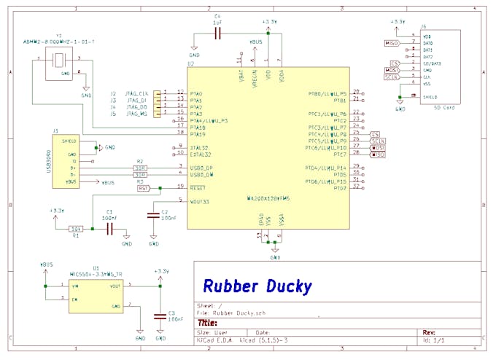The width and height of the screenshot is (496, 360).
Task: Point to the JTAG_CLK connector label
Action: click(137, 93)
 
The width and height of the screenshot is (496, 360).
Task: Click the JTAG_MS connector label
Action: click(136, 114)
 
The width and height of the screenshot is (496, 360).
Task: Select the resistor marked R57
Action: click(143, 188)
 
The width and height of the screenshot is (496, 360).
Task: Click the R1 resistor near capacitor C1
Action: click(75, 229)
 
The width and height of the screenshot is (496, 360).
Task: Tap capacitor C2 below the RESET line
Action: click(153, 215)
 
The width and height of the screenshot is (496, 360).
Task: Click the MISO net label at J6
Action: click(392, 44)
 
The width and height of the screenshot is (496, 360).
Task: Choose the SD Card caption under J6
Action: click(444, 108)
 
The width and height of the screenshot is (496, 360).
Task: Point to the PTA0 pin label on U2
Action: click(196, 93)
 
